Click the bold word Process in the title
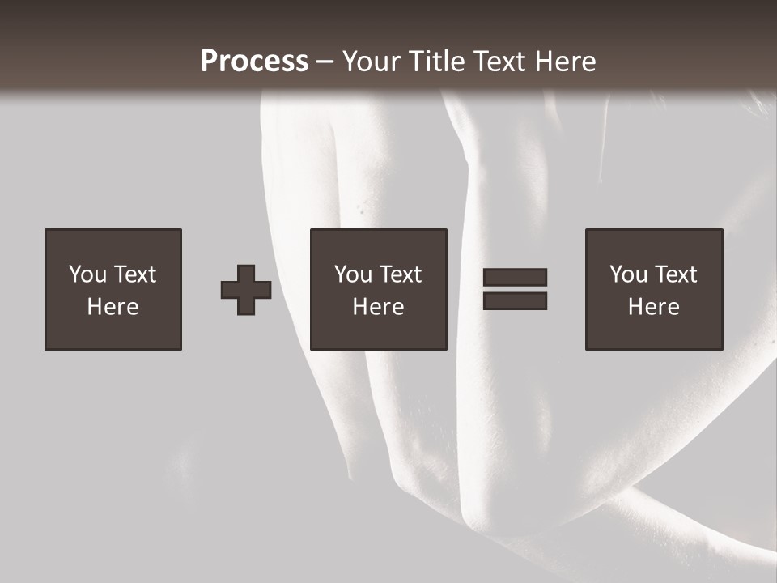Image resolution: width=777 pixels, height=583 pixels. click(254, 62)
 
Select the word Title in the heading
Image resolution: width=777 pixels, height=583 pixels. click(437, 62)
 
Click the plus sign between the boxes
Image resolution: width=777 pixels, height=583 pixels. click(246, 290)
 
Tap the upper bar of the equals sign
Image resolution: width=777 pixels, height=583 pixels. click(515, 277)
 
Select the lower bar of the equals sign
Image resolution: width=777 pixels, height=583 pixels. click(515, 301)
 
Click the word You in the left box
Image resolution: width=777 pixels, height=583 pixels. click(87, 274)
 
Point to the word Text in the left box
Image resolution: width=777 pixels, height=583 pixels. click(134, 274)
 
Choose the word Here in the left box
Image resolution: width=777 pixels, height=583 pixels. click(113, 307)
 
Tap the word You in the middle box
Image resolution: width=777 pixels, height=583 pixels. click(353, 274)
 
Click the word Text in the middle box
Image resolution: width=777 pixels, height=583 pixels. click(400, 274)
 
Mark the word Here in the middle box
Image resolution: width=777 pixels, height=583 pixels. click(378, 307)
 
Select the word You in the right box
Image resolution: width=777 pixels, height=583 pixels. click(628, 274)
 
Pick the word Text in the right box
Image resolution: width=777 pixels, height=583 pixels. click(675, 274)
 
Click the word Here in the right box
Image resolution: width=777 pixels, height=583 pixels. click(653, 307)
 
